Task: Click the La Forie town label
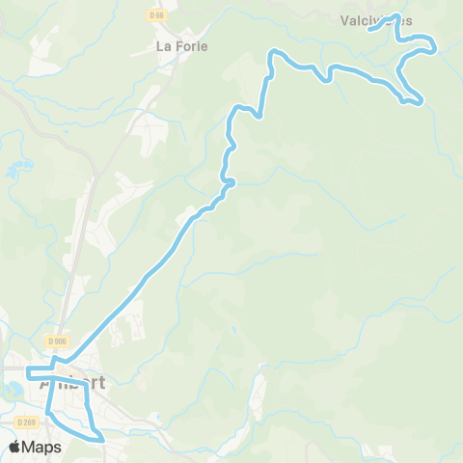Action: coord(182,45)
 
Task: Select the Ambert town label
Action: coord(72,382)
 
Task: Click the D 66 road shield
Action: coord(156,15)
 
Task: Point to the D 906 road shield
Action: coord(56,340)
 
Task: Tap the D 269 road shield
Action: coord(26,422)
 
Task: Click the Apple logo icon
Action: coord(16,447)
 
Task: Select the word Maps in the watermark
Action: coord(42,447)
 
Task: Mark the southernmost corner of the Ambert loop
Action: coord(100,439)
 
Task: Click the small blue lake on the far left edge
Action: coord(11,174)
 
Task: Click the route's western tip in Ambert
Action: coord(28,370)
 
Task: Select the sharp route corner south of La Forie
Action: coord(259,117)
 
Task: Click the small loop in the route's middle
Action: coord(229,181)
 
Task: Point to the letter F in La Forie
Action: coord(179,45)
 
